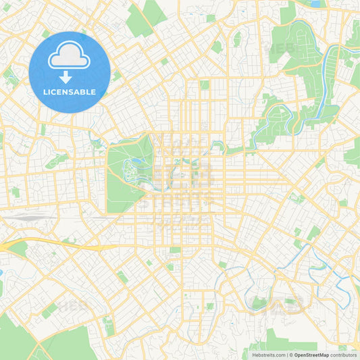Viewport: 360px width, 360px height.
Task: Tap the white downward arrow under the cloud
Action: (x=70, y=76)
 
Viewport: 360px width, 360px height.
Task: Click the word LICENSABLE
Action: (x=70, y=92)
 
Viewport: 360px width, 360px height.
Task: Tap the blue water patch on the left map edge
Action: (x=1, y=274)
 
